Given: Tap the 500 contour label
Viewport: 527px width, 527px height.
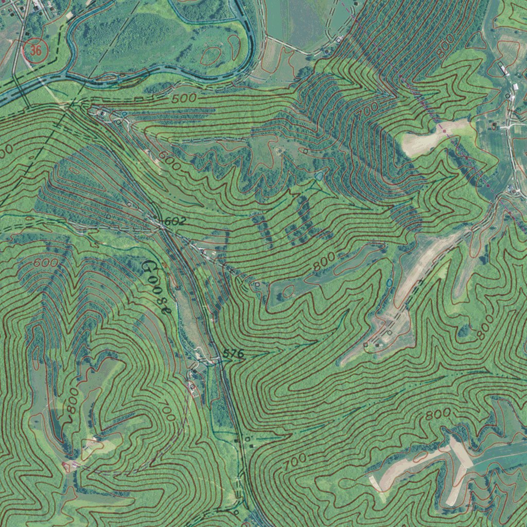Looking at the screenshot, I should coord(184,98).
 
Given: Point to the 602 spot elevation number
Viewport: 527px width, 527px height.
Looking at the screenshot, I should coord(174,222).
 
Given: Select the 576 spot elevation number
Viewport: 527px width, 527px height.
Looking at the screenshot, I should coord(233,354).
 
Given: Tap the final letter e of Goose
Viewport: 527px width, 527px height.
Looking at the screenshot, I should coord(165,310).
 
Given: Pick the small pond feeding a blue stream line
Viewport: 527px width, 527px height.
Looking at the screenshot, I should coord(320,176).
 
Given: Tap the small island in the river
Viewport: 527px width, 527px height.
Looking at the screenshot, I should coord(108,78).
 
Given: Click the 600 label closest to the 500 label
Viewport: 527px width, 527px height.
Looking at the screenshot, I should coord(170,160).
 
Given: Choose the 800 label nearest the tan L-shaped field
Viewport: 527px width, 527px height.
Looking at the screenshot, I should coord(438,413).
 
